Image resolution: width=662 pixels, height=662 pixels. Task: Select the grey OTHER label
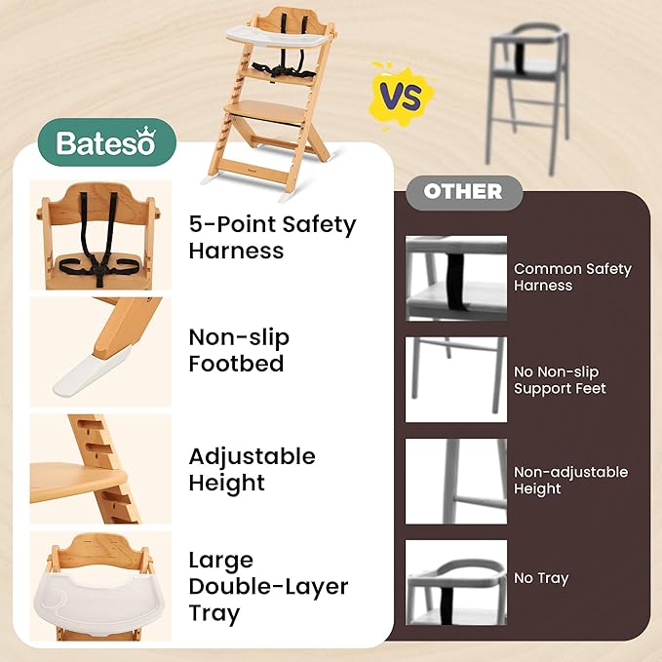(463, 191)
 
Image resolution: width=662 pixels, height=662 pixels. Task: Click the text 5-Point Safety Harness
(272, 237)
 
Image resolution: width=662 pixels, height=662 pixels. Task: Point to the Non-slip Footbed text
(239, 351)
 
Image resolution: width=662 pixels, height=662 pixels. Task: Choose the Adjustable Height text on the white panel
(252, 469)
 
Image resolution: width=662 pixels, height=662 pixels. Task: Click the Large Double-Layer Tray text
(268, 587)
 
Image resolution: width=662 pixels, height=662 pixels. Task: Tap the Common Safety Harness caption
(572, 277)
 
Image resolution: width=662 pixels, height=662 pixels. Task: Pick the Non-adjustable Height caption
(570, 480)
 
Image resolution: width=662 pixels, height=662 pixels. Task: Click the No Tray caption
(540, 578)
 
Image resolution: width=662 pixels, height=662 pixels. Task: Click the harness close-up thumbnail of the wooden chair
(100, 235)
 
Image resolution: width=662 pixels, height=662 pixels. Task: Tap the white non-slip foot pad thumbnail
(100, 352)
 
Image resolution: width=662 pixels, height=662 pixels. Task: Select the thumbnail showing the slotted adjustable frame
(100, 469)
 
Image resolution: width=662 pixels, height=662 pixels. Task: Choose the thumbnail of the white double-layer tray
(100, 586)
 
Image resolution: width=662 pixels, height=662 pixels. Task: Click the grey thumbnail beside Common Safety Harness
(456, 278)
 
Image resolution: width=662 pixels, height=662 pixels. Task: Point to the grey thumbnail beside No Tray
(456, 582)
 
